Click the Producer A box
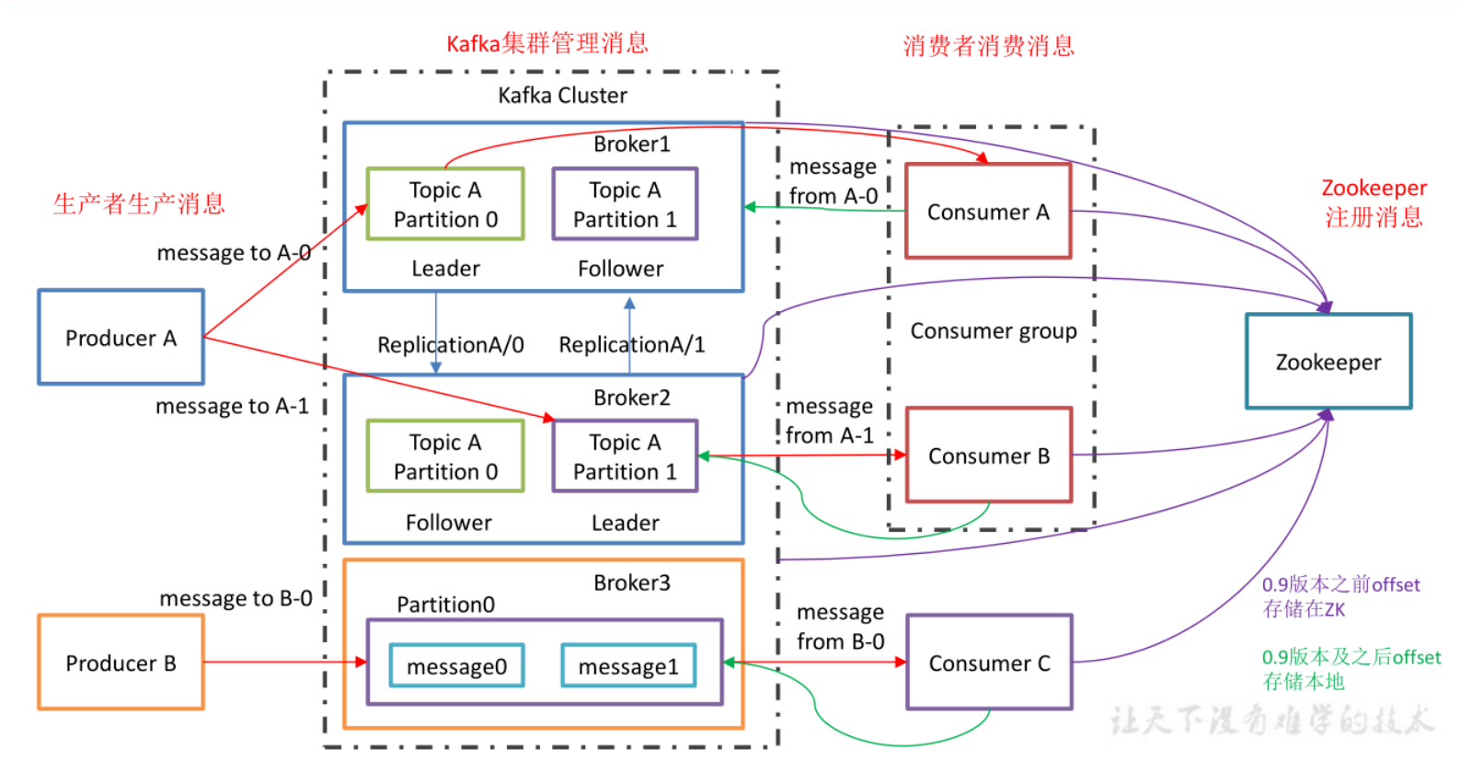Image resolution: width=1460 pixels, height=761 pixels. tap(121, 338)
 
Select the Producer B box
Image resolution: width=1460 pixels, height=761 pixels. tap(121, 663)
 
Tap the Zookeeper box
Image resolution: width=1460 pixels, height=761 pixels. tap(1328, 362)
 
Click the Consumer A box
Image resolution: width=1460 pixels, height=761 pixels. tap(988, 212)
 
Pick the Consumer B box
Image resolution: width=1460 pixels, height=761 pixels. tap(988, 455)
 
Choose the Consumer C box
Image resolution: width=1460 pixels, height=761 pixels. tap(989, 663)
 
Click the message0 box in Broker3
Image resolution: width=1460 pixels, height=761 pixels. tap(456, 666)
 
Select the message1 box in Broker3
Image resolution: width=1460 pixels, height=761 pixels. tap(628, 666)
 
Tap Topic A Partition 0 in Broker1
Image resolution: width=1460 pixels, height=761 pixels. tap(445, 204)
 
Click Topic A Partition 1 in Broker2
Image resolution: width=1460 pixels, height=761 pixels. tap(625, 456)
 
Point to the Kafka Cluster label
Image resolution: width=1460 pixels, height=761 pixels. tap(562, 96)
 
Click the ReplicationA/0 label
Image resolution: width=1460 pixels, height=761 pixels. tap(451, 345)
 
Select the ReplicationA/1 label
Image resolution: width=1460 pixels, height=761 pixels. tap(632, 345)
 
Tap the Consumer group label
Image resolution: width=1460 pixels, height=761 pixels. tap(993, 331)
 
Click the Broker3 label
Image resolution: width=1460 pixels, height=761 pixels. tap(631, 582)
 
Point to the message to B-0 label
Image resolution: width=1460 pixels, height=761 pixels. tap(236, 599)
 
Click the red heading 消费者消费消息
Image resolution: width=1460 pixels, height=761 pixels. tap(988, 46)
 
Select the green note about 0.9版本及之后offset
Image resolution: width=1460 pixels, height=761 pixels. tap(1351, 669)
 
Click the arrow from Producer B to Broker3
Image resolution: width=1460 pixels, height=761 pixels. tap(285, 662)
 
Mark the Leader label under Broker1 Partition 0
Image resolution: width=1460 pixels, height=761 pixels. tap(445, 269)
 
